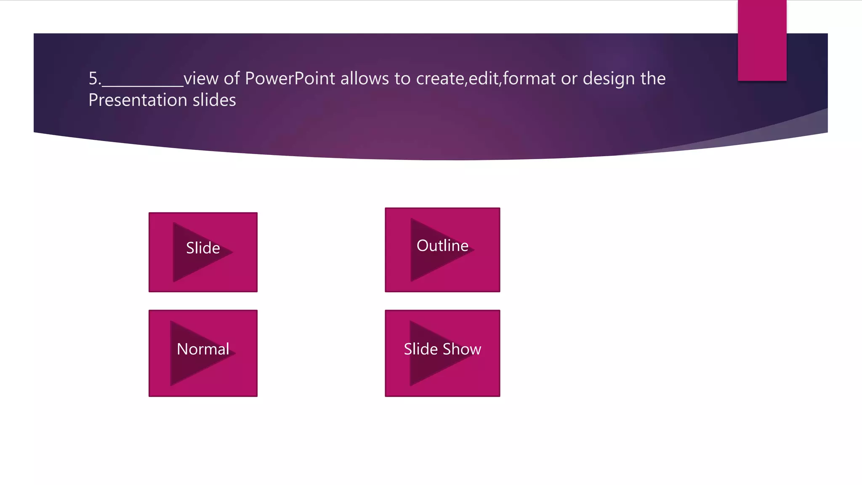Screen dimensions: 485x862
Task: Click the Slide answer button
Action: (x=203, y=252)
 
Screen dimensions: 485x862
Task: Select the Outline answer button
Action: (x=442, y=250)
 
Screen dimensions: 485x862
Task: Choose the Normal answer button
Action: (x=203, y=353)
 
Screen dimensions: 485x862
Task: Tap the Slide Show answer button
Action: (x=442, y=353)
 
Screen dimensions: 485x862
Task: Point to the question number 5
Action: (x=93, y=79)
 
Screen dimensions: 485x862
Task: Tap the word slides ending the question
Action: (x=214, y=100)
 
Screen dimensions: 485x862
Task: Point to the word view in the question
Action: (x=201, y=79)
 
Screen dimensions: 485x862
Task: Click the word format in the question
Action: (x=529, y=79)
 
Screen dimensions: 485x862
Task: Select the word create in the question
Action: (x=440, y=79)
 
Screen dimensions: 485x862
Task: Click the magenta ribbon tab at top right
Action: (x=762, y=40)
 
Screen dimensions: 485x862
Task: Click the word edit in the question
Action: (x=483, y=79)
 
